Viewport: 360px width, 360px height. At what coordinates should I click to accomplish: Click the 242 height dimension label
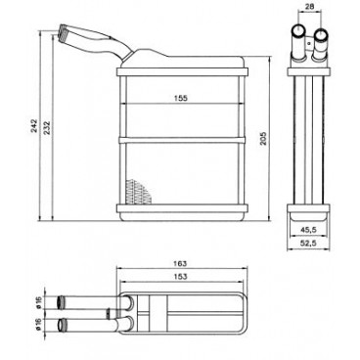click(34, 126)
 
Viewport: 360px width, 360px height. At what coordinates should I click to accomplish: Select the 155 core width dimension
click(181, 98)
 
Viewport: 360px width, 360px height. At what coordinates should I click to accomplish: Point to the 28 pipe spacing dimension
click(309, 5)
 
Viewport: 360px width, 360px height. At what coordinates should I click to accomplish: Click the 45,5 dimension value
click(308, 230)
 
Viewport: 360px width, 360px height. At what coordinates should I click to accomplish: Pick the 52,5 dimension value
click(308, 243)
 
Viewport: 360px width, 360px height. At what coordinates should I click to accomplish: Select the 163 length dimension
click(181, 263)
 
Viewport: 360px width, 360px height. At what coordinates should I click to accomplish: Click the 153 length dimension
click(181, 277)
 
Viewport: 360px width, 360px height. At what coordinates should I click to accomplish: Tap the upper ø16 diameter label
click(39, 302)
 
